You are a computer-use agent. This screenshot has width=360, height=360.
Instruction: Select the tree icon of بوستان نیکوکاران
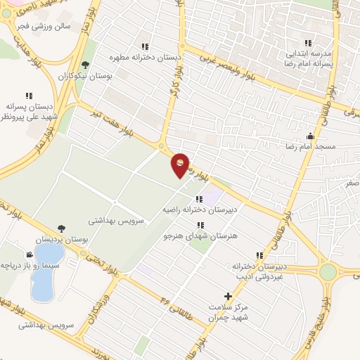86,64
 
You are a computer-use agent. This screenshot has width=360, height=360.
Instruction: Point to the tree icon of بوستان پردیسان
60,229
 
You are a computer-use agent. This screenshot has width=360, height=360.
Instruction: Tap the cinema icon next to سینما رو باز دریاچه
29,255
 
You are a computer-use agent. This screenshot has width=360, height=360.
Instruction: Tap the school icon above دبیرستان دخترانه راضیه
200,199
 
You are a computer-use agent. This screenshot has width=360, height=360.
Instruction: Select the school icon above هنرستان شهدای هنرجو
201,225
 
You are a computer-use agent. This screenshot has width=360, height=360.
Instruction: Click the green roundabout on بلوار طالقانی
328,271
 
